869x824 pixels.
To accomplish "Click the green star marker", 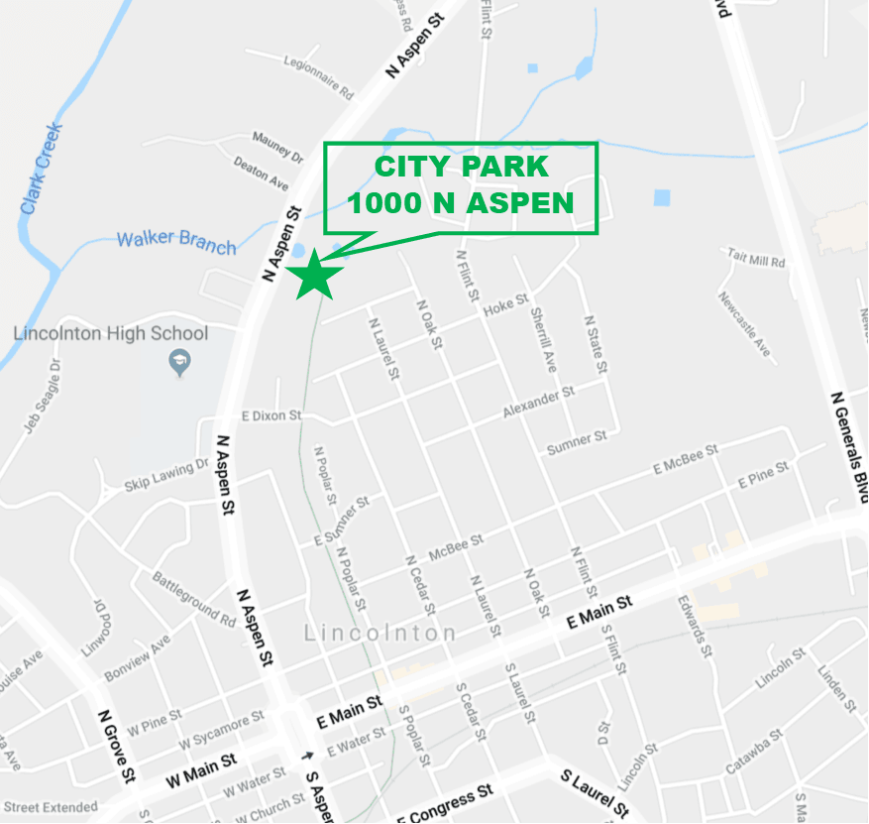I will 315,275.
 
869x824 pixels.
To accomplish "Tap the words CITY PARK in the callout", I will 461,167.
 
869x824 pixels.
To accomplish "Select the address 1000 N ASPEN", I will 461,202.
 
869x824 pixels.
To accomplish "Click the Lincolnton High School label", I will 111,334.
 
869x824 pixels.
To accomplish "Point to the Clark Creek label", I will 41,170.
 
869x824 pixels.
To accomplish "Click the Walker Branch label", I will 176,241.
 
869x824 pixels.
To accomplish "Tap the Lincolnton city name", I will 380,633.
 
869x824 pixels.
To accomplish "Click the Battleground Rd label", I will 194,600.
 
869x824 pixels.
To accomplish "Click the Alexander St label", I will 538,403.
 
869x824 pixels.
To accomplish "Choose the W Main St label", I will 201,770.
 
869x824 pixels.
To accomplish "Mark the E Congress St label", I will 445,802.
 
